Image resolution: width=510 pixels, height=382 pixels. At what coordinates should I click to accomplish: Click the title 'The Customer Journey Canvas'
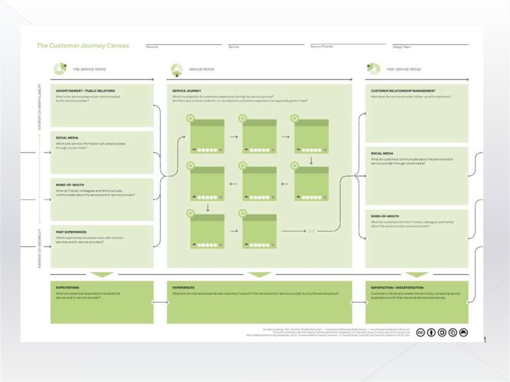[x=83, y=45]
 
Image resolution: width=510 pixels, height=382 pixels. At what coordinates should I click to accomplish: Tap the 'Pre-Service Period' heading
[x=89, y=69]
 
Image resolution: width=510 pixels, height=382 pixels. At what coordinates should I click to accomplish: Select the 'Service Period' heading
[x=202, y=69]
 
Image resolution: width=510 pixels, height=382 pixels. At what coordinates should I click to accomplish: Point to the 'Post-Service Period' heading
[x=403, y=69]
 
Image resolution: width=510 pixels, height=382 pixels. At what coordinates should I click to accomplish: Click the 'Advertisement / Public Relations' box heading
[x=85, y=91]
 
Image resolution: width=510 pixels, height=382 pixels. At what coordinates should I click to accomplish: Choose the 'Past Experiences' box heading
[x=71, y=232]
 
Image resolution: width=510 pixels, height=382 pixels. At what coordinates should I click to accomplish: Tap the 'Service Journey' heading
[x=186, y=91]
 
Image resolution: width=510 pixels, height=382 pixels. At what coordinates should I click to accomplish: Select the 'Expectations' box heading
[x=68, y=288]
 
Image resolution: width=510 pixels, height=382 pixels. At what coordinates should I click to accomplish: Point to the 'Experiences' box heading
[x=183, y=288]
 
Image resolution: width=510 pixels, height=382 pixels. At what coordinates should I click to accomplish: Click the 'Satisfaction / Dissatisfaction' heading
[x=397, y=288]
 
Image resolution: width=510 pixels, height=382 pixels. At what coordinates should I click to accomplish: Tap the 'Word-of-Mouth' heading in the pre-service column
[x=70, y=185]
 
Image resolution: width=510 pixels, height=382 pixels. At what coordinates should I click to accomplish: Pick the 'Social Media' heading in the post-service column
[x=382, y=153]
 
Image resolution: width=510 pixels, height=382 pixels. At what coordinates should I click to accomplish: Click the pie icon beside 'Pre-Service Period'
[x=60, y=68]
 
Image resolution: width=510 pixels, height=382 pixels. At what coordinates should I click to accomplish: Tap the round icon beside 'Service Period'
[x=176, y=69]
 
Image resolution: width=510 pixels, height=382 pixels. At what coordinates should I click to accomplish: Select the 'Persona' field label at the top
[x=152, y=47]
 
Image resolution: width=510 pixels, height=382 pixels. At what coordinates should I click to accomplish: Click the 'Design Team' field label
[x=401, y=47]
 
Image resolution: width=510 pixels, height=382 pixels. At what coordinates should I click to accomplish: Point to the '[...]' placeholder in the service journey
[x=311, y=231]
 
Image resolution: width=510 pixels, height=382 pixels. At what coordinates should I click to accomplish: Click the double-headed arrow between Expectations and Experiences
[x=160, y=302]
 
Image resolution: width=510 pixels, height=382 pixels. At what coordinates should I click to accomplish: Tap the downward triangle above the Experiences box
[x=259, y=275]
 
